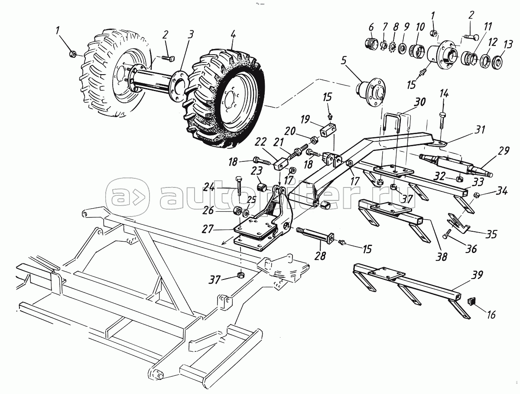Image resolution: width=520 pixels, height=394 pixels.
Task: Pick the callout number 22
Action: coord(260,142)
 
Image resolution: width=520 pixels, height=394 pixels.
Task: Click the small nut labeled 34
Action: coord(475,194)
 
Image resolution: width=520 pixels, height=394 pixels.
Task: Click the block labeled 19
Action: coord(328,129)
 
